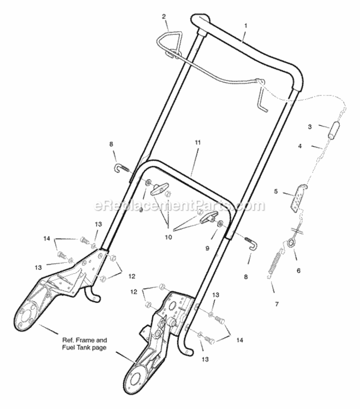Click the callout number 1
245,26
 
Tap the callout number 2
164,17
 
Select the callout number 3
310,127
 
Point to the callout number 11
197,143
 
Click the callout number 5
276,191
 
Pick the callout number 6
298,270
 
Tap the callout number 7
277,304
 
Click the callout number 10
169,237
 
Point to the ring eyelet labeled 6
290,243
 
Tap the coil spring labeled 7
274,265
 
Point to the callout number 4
300,146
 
